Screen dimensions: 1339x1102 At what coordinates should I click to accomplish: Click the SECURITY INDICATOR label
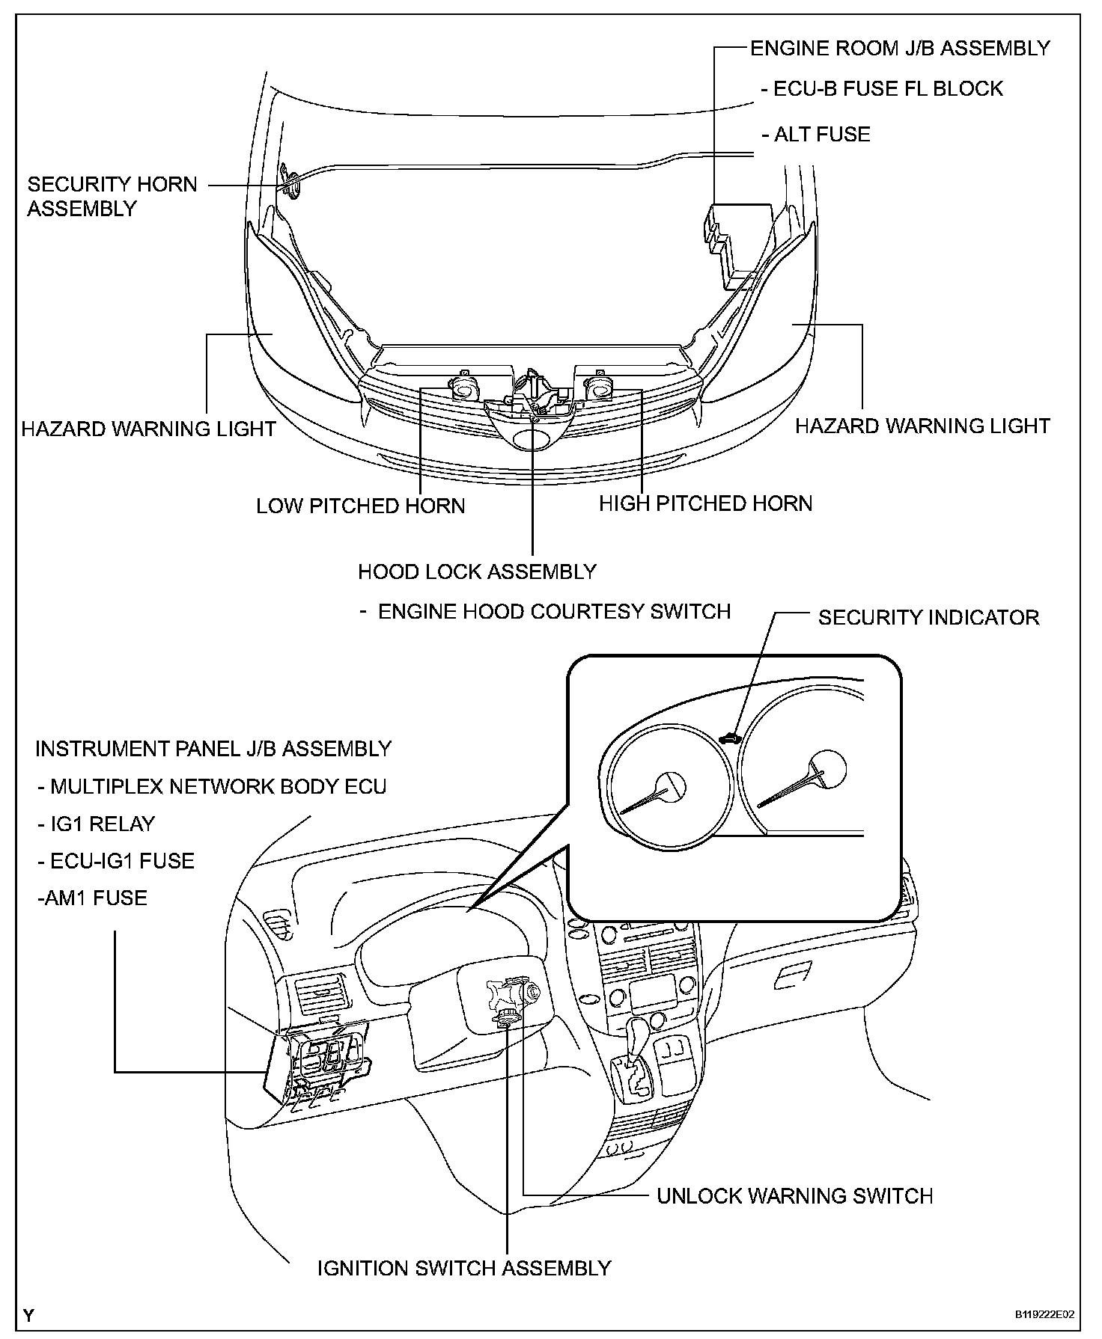(x=928, y=618)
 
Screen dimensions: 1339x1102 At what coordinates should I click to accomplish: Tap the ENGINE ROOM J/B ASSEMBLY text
(x=900, y=49)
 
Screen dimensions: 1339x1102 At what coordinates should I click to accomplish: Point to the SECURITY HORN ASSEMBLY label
(x=112, y=196)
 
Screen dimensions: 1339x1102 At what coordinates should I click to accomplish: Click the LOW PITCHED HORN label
(x=360, y=506)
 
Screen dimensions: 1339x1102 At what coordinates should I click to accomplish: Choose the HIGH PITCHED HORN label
(x=705, y=503)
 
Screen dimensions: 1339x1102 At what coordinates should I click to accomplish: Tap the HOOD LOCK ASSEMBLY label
(x=477, y=572)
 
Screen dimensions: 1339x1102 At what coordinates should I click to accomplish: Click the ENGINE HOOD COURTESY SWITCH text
(x=553, y=612)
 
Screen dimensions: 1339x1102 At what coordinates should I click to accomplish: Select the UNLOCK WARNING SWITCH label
(x=794, y=1196)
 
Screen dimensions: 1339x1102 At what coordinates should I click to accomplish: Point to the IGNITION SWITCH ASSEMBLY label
(x=464, y=1269)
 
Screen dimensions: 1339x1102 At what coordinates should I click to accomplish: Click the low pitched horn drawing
(x=464, y=389)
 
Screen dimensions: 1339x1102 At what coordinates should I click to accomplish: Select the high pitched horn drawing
(x=598, y=387)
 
